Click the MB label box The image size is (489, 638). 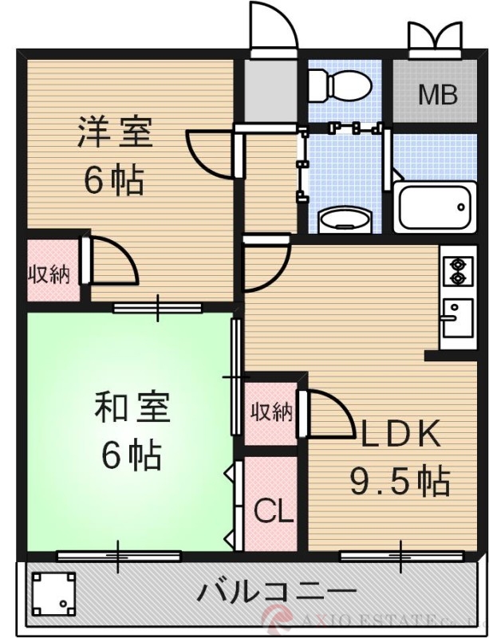[438, 95]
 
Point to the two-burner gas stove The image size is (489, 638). [458, 270]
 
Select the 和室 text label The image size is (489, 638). [132, 409]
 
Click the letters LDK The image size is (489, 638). [400, 434]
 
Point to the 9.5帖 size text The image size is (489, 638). [400, 481]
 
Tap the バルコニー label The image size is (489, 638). [276, 593]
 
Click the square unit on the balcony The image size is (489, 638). [54, 594]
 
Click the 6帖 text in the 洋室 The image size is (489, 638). [115, 181]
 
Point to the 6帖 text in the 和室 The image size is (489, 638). [132, 455]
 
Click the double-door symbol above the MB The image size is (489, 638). [434, 37]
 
